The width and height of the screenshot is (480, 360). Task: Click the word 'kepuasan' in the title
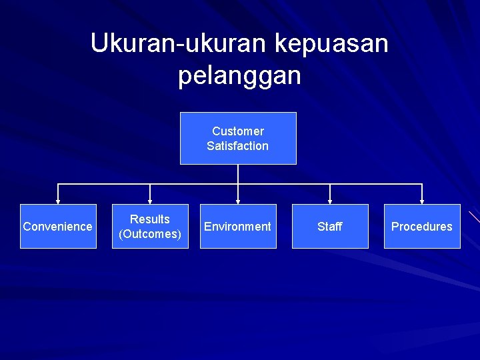pos(331,43)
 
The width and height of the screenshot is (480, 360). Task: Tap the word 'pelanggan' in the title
pos(239,75)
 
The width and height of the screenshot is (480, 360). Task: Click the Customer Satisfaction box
pos(238,138)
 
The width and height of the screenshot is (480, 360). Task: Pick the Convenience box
pos(58,226)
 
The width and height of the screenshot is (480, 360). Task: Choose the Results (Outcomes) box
pos(150,226)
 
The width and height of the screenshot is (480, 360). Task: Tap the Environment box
pos(238,226)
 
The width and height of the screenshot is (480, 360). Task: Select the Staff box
pos(330,226)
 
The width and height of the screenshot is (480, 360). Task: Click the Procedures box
pos(422,226)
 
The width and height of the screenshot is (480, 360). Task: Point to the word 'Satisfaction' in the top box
pos(238,146)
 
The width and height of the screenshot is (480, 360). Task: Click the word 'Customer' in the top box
pos(238,131)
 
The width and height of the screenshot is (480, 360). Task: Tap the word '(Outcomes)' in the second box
pos(150,234)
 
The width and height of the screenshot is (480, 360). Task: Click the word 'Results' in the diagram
pos(150,219)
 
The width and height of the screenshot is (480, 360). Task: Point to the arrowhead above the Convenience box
pos(58,201)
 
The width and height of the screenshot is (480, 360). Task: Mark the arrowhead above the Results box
pos(150,201)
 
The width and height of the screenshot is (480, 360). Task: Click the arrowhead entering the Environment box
pos(238,201)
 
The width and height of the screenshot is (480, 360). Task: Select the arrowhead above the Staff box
pos(330,201)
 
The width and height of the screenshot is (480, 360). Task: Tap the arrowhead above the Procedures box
pos(422,201)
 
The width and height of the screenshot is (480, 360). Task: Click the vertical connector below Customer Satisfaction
pos(238,174)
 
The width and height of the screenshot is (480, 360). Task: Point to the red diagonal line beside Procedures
pos(474,216)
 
